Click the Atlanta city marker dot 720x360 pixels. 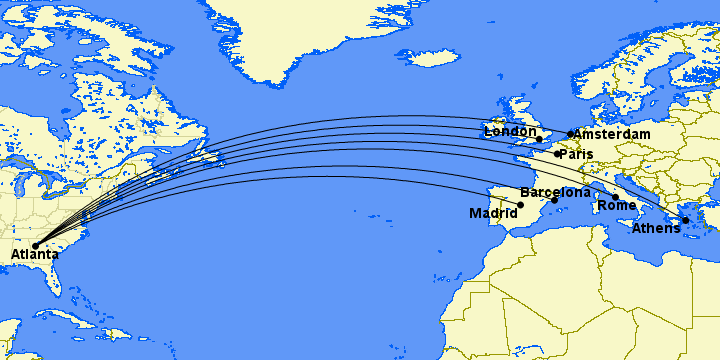coord(35,245)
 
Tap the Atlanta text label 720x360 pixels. coord(35,256)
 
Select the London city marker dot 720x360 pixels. coord(539,139)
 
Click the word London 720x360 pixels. coord(510,131)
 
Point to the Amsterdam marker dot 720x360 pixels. coord(571,134)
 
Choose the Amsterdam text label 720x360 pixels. coord(613,134)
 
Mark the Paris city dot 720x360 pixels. coord(557,154)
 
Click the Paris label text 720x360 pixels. coord(576,155)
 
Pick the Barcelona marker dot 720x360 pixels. coord(554,200)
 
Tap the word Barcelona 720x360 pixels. coord(555,191)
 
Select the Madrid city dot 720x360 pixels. coord(520,205)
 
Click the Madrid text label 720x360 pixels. coord(493,213)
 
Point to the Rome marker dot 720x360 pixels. coord(615,197)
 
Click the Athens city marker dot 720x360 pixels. coord(686,220)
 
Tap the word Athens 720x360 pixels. coord(656,229)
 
